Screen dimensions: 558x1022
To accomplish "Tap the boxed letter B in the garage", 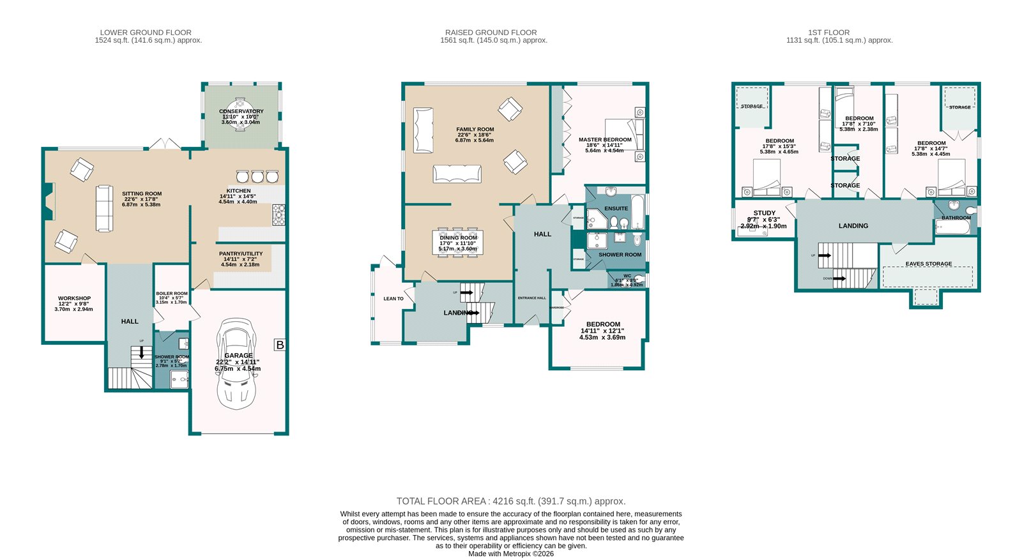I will tap(279, 345).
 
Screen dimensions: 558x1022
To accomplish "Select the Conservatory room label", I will tap(241, 111).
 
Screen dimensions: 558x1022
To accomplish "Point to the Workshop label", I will tap(74, 298).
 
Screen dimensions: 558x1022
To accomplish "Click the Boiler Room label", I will tap(172, 294).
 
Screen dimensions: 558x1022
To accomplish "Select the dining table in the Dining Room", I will tap(458, 243).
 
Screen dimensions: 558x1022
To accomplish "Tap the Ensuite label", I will tap(616, 208).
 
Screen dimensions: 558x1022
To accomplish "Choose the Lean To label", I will tap(393, 299).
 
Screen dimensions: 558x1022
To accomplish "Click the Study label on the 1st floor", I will tap(764, 213).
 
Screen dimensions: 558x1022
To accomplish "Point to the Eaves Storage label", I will tap(928, 264).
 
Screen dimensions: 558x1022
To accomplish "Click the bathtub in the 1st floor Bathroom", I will tap(952, 225).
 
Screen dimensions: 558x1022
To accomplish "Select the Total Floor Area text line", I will tap(510, 501).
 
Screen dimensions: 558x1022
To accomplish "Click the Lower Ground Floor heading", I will tap(146, 33).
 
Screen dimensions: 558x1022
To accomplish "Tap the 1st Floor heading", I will tap(828, 33).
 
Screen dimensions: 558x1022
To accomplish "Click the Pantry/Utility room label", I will tap(240, 253).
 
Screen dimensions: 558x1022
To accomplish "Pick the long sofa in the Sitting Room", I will tap(104, 208).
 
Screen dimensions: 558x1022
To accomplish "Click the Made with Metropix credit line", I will tap(510, 554).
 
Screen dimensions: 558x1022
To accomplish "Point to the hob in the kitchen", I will tap(278, 215).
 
